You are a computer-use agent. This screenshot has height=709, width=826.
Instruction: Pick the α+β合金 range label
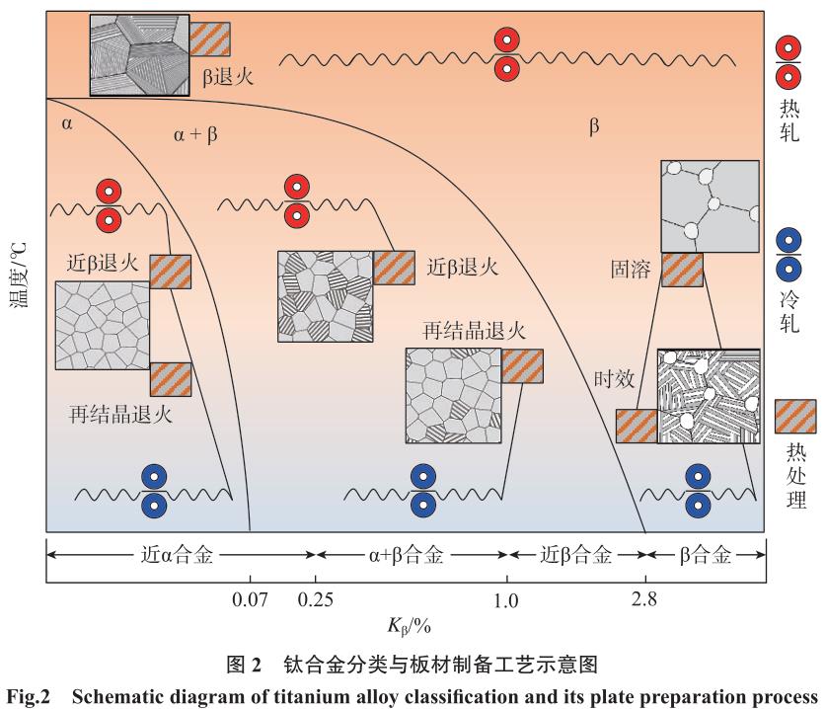[412, 555]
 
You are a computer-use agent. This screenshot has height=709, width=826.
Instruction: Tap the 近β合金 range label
[577, 555]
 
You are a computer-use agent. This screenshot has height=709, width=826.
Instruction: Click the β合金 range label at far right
[705, 555]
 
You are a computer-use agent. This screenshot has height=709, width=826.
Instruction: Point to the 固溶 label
[632, 268]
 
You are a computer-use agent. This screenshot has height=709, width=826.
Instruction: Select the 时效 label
[613, 379]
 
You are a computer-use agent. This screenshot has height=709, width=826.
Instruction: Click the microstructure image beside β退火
[139, 54]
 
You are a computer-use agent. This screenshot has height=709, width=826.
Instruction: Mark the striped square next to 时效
[637, 427]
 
